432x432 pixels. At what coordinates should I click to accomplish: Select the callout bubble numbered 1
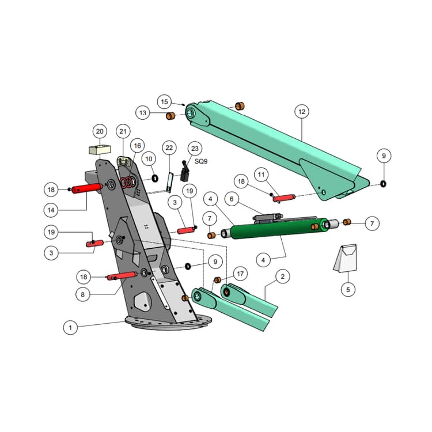coord(70,327)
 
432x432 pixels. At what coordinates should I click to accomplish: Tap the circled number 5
coord(347,289)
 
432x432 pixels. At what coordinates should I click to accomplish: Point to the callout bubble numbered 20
coord(99,131)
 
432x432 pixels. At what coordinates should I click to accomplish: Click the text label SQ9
coord(201,162)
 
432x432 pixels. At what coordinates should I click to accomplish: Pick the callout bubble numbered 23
coord(194,149)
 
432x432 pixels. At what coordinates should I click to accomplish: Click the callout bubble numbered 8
coord(84,294)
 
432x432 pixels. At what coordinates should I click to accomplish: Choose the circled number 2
coord(282,276)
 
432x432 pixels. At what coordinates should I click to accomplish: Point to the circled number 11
coord(261,174)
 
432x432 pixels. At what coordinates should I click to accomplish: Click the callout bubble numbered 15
coord(165,102)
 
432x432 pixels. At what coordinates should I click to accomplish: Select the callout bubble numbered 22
coord(169,149)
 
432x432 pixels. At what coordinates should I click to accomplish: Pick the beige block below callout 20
coord(99,150)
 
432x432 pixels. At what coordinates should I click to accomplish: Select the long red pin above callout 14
coord(88,188)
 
